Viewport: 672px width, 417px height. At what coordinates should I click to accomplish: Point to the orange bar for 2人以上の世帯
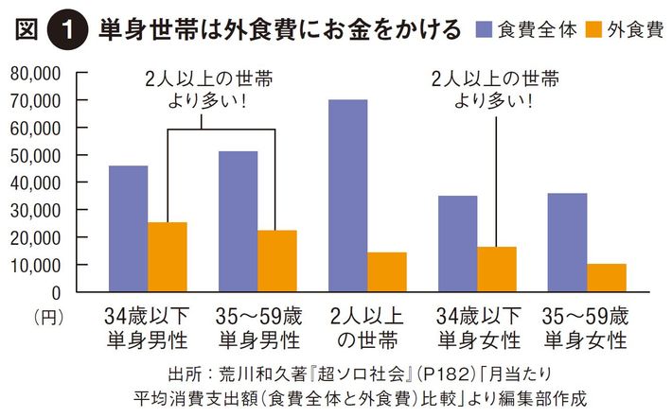pyautogui.click(x=387, y=272)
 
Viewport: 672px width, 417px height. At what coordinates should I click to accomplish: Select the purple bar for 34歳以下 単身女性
pyautogui.click(x=458, y=244)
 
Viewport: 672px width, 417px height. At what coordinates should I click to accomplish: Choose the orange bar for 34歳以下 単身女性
pyautogui.click(x=497, y=269)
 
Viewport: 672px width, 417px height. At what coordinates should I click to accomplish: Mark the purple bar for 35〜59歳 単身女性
pyautogui.click(x=568, y=243)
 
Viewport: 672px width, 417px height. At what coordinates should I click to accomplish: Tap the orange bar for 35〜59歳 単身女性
pyautogui.click(x=607, y=278)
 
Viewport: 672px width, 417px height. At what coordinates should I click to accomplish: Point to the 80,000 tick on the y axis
pyautogui.click(x=36, y=72)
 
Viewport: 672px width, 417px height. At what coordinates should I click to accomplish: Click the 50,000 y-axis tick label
pyautogui.click(x=36, y=155)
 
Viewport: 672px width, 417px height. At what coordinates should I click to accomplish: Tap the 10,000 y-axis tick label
pyautogui.click(x=36, y=266)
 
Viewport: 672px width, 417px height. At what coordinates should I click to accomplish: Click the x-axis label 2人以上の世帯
pyautogui.click(x=366, y=325)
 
